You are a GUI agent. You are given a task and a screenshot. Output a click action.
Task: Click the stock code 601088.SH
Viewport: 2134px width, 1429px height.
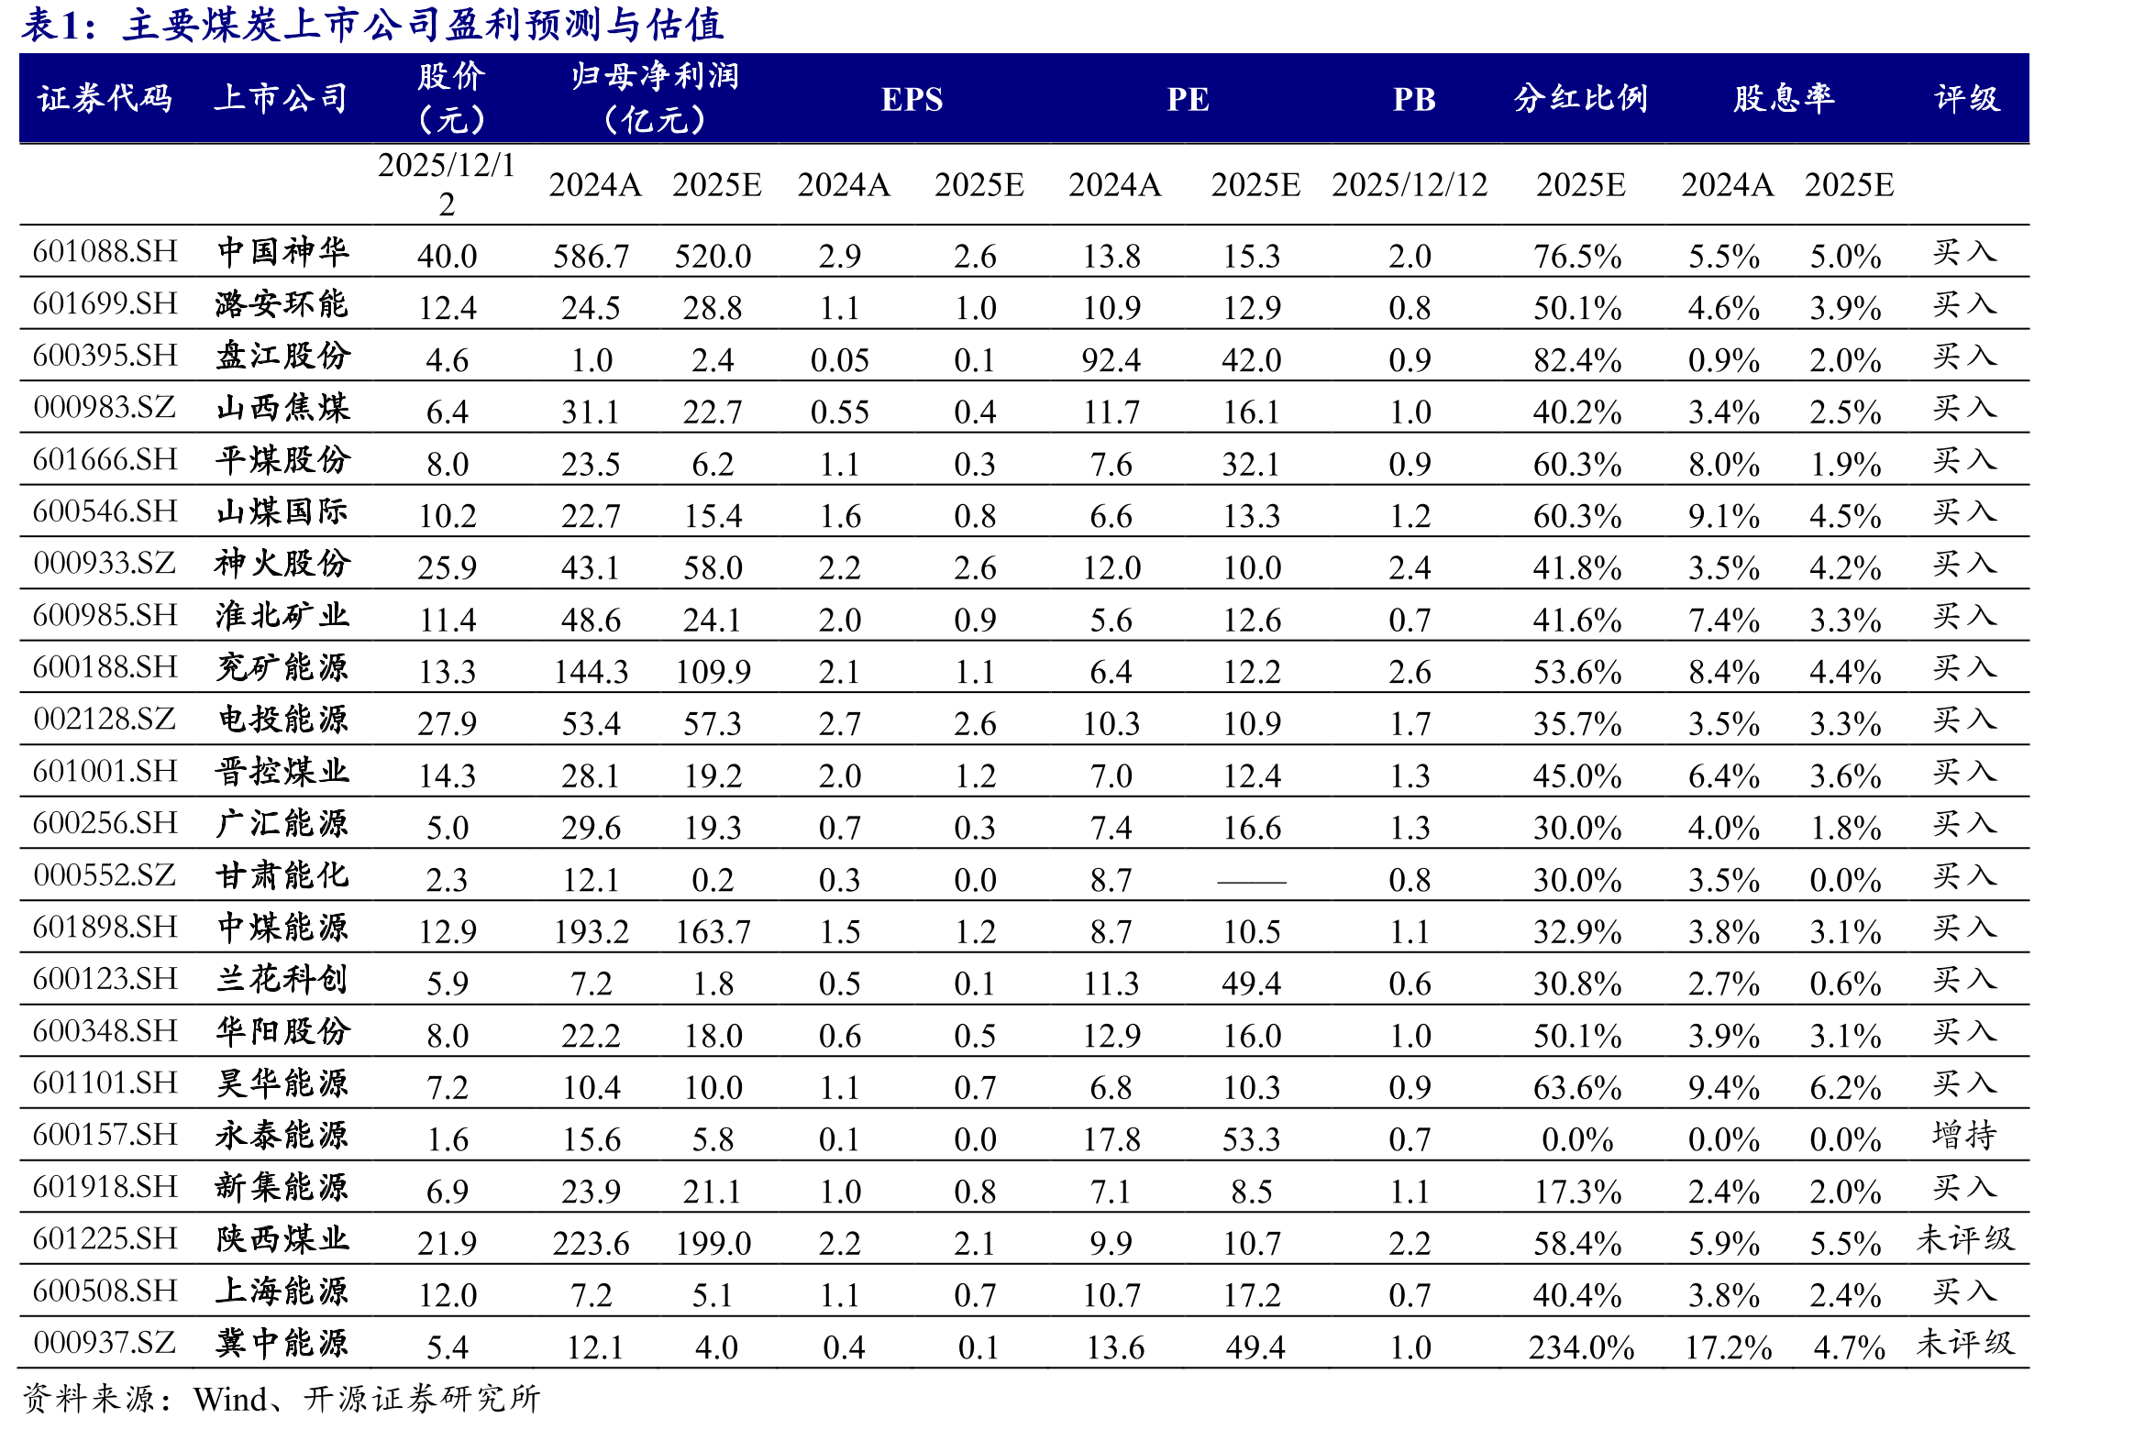105,251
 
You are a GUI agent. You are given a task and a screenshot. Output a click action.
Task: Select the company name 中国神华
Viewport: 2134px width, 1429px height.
282,251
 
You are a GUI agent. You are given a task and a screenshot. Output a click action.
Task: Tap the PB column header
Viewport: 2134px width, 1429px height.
1414,99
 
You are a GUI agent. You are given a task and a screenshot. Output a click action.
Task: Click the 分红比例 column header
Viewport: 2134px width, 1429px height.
1581,98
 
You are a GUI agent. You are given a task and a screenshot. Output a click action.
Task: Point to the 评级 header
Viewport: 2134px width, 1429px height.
1967,98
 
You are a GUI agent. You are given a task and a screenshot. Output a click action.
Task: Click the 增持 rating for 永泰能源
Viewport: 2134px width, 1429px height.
1964,1135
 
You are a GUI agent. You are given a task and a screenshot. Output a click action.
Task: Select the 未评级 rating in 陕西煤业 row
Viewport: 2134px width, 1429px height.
1964,1239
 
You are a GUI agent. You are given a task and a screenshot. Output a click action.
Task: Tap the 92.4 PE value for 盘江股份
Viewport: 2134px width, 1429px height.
1111,360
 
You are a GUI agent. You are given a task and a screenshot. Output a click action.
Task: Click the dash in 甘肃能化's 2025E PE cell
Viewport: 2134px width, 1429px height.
1252,882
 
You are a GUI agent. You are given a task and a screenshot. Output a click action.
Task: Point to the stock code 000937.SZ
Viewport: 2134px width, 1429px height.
105,1343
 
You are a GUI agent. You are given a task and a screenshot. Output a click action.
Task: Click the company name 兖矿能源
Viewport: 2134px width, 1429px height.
282,667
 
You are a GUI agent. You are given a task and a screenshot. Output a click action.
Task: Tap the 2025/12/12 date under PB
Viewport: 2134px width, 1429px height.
1410,185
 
